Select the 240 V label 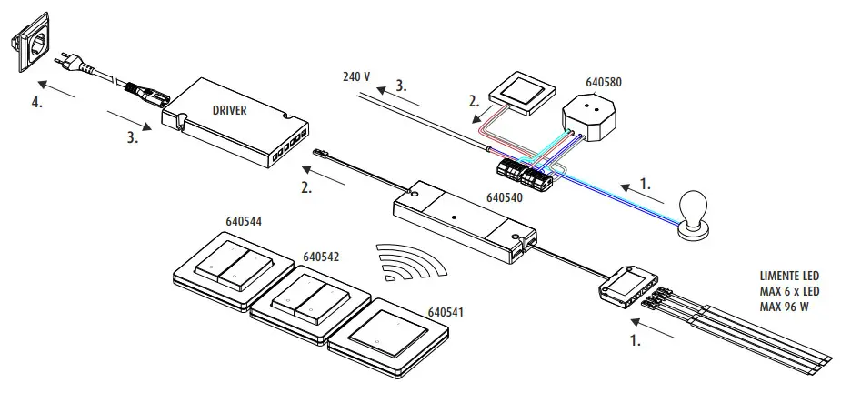(356, 76)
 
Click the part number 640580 (604, 82)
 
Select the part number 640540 (505, 196)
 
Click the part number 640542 (321, 257)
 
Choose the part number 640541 (446, 312)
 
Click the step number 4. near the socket (37, 103)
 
